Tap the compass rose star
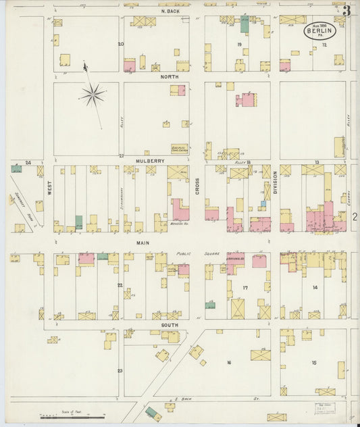(93, 95)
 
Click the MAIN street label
(143, 242)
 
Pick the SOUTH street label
(170, 324)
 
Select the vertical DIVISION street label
(275, 183)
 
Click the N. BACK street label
(169, 11)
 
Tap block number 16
(228, 363)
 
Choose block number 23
(120, 370)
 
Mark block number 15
(314, 363)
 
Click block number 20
(121, 44)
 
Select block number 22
(120, 285)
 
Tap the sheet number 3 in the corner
(346, 9)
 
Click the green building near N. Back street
(245, 24)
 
